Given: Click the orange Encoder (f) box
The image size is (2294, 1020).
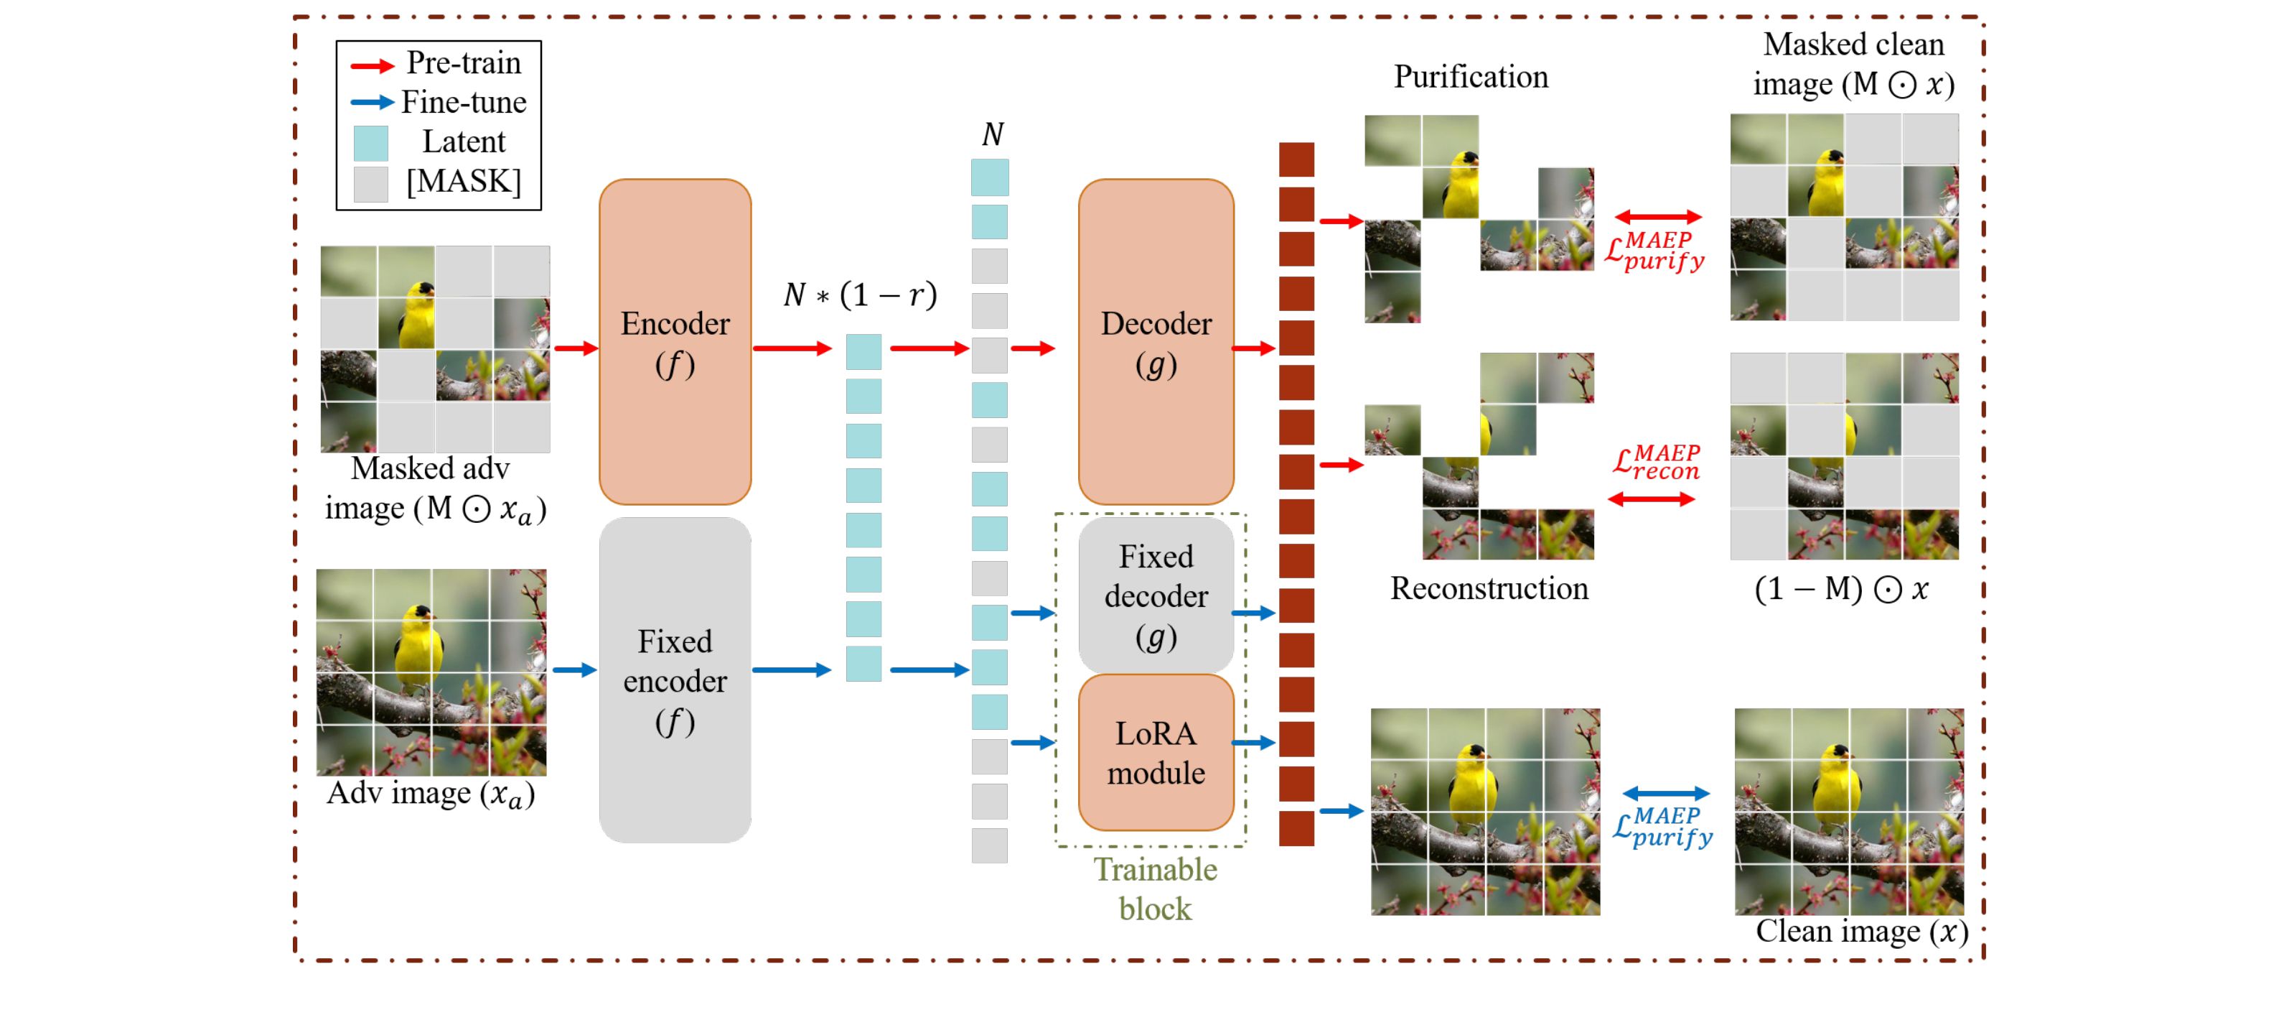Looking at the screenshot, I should click(675, 342).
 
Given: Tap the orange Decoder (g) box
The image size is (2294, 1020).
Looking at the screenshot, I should click(1156, 342).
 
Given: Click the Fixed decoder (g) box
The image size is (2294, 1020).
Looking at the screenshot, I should click(1156, 595).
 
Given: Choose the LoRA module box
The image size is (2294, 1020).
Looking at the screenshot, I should click(1156, 753).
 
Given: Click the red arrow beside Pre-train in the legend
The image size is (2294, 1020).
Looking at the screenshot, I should click(373, 65).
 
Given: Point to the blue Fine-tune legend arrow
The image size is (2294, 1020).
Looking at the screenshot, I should click(373, 103).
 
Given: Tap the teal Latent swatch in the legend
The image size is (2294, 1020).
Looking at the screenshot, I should click(370, 142).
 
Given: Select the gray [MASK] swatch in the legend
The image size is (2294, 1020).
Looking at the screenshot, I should click(370, 183).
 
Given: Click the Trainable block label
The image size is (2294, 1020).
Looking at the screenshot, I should click(1155, 888).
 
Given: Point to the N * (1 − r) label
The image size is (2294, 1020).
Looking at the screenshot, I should click(860, 295).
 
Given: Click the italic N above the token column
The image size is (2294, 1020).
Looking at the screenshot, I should click(992, 134).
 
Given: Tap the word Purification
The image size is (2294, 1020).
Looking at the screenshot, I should click(1470, 77).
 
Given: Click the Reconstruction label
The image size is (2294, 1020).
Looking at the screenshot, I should click(1489, 588).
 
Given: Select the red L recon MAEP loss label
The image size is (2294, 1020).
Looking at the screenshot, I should click(1657, 463).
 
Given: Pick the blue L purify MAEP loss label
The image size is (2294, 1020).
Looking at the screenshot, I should click(1662, 827).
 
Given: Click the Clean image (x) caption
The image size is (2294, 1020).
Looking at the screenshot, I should click(1861, 931).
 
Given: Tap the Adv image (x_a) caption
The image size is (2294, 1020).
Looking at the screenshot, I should click(431, 793).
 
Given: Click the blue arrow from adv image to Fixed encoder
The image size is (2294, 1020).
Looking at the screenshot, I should click(574, 669).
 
